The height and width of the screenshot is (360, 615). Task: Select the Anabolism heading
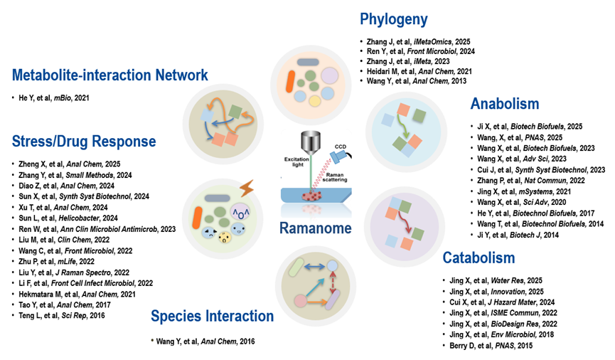pyautogui.click(x=504, y=105)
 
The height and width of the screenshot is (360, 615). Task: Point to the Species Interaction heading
pyautogui.click(x=212, y=316)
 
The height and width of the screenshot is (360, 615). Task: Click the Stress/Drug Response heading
pyautogui.click(x=84, y=141)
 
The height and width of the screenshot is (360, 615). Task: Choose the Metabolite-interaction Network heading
pyautogui.click(x=109, y=75)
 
